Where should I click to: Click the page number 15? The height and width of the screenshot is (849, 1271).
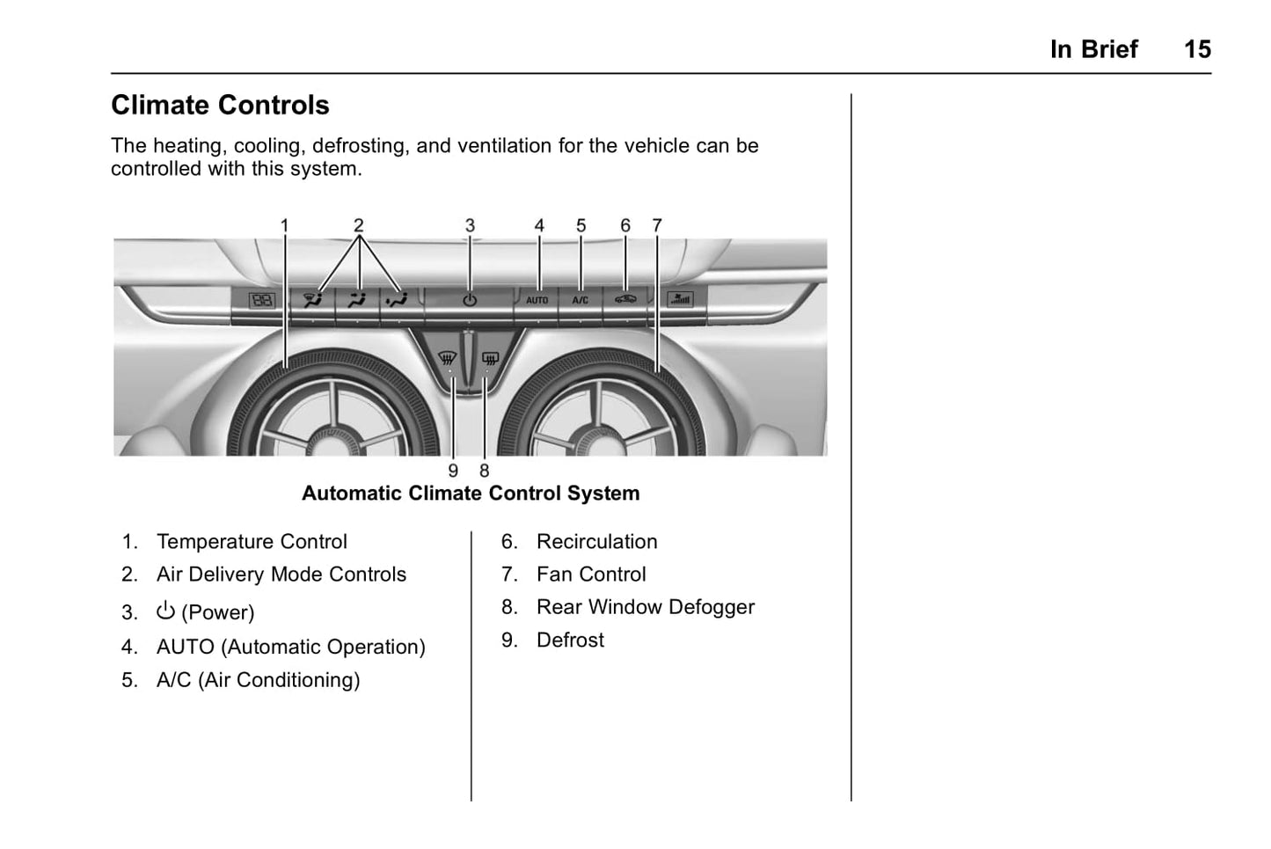click(x=1196, y=49)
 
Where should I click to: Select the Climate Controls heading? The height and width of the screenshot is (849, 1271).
click(x=220, y=106)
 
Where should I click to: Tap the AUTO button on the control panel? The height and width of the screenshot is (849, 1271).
click(x=537, y=300)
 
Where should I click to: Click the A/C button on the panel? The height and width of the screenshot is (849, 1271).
click(x=581, y=300)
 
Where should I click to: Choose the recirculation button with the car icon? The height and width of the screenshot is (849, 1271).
click(x=625, y=299)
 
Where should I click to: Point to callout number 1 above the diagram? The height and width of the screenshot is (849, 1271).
click(x=284, y=226)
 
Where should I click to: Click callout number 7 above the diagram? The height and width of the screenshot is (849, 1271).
click(x=656, y=226)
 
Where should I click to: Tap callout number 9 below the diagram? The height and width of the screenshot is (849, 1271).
click(x=453, y=472)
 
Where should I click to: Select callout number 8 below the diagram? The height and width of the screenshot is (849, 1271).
click(x=484, y=472)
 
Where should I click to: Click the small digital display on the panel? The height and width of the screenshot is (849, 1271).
click(x=262, y=300)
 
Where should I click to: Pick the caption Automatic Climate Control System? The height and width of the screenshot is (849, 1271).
click(x=471, y=494)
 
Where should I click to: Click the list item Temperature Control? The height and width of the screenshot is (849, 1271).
click(x=252, y=542)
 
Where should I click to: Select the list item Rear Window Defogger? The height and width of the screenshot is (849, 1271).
click(x=645, y=607)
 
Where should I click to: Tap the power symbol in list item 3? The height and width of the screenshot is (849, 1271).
click(x=165, y=611)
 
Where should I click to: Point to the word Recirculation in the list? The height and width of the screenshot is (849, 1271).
click(x=596, y=542)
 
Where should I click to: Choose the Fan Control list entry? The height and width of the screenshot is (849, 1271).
click(x=591, y=575)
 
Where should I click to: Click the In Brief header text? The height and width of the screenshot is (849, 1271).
click(x=1093, y=49)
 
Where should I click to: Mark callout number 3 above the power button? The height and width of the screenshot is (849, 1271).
click(x=470, y=226)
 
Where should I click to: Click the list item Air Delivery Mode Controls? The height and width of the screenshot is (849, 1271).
click(x=281, y=575)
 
